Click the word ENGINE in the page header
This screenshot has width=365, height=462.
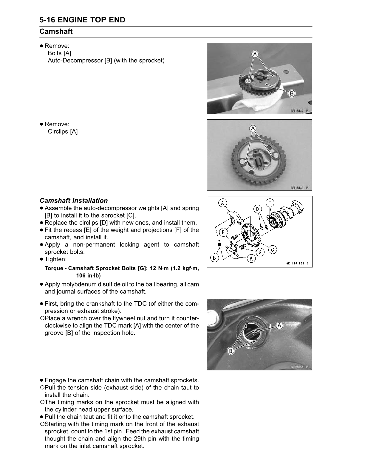click(x=71, y=20)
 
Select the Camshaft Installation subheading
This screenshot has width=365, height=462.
click(x=74, y=201)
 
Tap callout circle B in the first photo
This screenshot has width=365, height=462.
click(x=291, y=94)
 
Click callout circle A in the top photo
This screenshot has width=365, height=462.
click(x=255, y=54)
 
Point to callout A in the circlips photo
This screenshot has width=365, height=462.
click(x=253, y=129)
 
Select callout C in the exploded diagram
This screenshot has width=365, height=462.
click(x=273, y=250)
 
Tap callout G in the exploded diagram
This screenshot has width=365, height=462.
click(x=260, y=252)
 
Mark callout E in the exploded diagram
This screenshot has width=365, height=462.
click(x=223, y=232)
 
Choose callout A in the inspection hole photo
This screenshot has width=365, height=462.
click(x=279, y=326)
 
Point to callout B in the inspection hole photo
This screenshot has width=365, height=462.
click(x=230, y=351)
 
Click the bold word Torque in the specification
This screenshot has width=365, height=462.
click(x=53, y=268)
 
